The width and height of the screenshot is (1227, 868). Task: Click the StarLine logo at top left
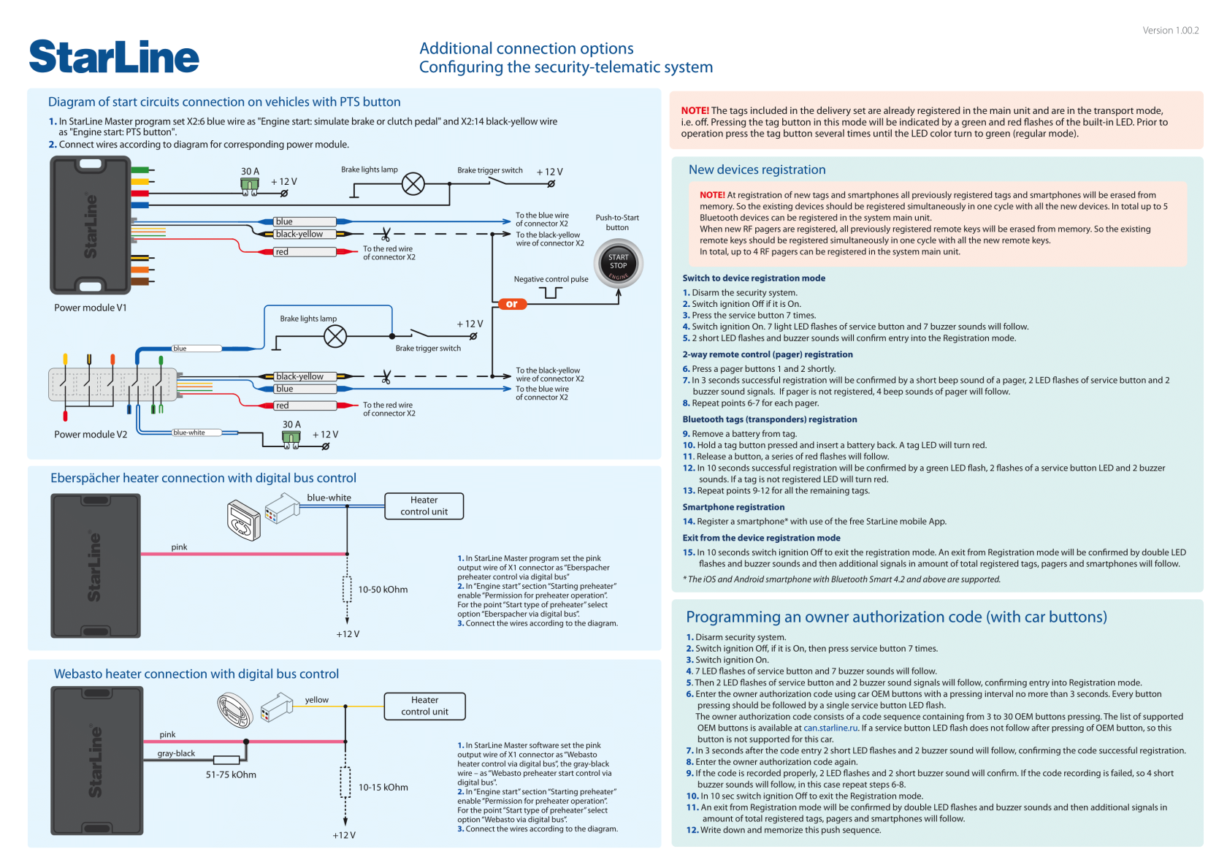point(114,57)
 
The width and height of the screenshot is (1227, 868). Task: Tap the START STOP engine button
point(619,264)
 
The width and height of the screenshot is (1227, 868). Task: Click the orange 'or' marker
point(511,304)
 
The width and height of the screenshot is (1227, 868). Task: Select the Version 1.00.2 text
point(1170,30)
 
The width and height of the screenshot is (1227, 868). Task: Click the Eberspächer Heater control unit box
point(424,506)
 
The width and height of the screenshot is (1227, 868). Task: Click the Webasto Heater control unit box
point(424,706)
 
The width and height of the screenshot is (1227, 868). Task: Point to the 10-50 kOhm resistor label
point(383,590)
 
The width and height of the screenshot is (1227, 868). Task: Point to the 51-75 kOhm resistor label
point(231,774)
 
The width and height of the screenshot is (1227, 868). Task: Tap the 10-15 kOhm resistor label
point(383,787)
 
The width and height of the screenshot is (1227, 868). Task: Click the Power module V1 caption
point(90,308)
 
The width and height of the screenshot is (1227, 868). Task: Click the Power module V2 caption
point(90,434)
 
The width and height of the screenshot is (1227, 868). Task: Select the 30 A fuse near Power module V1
point(250,186)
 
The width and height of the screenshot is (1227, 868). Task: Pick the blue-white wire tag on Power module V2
point(189,433)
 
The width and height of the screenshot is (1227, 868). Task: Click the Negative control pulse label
point(551,279)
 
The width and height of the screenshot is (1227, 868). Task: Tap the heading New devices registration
point(757,170)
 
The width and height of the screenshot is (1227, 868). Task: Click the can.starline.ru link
point(830,728)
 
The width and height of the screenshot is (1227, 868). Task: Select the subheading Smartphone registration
point(733,507)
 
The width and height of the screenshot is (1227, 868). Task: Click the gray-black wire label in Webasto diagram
point(176,753)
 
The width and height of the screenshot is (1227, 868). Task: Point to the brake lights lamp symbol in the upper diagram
point(413,183)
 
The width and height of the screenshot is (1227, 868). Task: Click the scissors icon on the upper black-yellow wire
point(386,235)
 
